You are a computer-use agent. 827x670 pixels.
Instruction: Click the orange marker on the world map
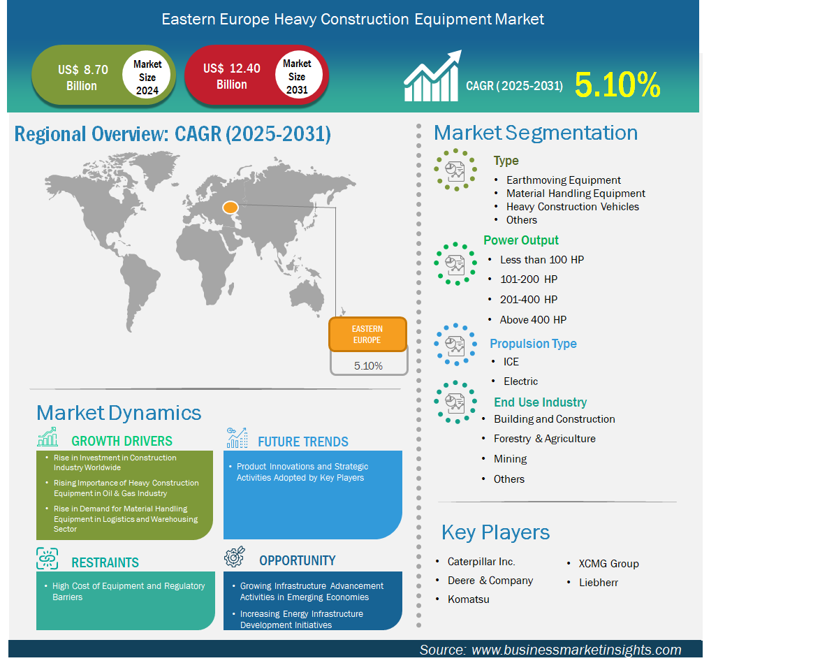[230, 208]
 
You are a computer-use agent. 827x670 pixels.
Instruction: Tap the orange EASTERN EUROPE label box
[367, 335]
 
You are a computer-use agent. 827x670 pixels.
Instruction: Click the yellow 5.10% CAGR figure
[617, 85]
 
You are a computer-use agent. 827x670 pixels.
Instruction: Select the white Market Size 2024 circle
[147, 76]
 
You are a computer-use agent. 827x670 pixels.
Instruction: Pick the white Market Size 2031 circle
[298, 75]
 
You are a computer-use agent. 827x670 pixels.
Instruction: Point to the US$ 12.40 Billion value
[231, 76]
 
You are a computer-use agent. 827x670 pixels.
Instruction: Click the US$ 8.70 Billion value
[82, 78]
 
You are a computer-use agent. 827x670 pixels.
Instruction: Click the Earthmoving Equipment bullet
[563, 180]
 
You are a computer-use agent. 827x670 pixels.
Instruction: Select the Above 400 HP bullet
[533, 320]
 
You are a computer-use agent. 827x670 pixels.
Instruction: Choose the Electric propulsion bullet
[520, 381]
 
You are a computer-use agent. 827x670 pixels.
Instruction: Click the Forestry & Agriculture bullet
[544, 439]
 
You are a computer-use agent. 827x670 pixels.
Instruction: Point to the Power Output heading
[521, 240]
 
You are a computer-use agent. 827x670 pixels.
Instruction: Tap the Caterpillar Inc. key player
[481, 561]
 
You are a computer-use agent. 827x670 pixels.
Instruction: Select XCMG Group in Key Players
[608, 563]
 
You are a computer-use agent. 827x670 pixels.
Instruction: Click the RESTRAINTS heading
[105, 562]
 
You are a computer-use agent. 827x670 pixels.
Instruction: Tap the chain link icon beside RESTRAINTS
[47, 558]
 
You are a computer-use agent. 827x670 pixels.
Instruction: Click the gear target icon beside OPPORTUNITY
[235, 557]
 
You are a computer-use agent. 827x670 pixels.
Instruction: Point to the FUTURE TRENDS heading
[302, 442]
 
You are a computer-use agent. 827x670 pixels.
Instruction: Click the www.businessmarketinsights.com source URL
[576, 650]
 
